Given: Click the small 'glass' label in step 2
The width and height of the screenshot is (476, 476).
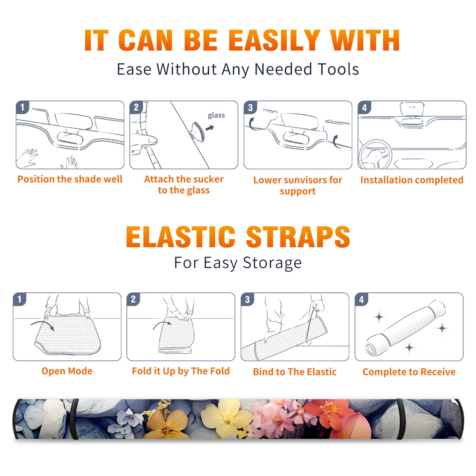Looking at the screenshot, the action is click(216, 115).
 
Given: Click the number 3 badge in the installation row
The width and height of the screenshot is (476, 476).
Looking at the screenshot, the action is click(250, 107).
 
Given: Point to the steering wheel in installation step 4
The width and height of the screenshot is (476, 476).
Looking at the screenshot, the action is click(375, 155).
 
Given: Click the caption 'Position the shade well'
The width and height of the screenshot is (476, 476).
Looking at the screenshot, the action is click(70, 179).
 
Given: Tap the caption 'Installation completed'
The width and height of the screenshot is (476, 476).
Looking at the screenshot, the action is click(412, 180).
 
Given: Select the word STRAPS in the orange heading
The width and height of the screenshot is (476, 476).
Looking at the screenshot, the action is click(298, 237).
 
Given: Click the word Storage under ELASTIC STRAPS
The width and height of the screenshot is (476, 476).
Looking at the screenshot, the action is click(272, 263).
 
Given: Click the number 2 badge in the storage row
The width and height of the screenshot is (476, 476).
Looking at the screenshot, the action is click(133, 299).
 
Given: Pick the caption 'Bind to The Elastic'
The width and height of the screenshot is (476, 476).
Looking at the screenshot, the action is click(295, 372).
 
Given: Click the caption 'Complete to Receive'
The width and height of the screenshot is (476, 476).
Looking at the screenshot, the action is click(409, 372).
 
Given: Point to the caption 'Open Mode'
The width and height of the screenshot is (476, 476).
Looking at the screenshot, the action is click(67, 371).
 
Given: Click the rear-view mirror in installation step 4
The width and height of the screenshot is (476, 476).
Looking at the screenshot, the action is click(412, 109).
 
